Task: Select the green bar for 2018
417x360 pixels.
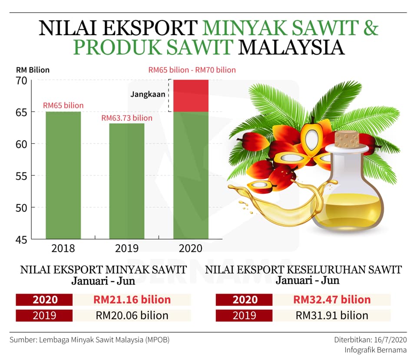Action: tap(63, 175)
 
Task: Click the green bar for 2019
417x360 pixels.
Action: tap(127, 181)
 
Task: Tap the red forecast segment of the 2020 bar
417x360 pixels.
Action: tap(191, 96)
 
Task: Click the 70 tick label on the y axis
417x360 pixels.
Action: tap(21, 81)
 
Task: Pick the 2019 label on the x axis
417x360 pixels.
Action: tap(127, 248)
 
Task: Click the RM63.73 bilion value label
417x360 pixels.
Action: tap(127, 118)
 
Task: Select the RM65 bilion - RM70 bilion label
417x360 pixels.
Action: tap(192, 70)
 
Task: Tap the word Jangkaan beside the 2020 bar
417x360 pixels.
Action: tap(148, 94)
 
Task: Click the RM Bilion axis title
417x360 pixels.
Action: tap(33, 70)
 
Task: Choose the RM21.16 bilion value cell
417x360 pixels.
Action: tap(132, 300)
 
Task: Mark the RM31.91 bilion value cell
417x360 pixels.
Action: tap(332, 316)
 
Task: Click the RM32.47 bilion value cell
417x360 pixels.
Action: tap(332, 300)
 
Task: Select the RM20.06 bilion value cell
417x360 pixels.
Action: tap(132, 316)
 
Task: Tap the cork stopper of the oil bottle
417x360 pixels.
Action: tap(347, 139)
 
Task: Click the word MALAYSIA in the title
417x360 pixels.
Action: tap(291, 47)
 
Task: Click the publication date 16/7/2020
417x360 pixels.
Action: tap(391, 340)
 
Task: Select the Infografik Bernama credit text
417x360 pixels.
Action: tap(375, 350)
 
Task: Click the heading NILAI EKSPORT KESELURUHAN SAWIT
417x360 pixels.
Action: tap(304, 270)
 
